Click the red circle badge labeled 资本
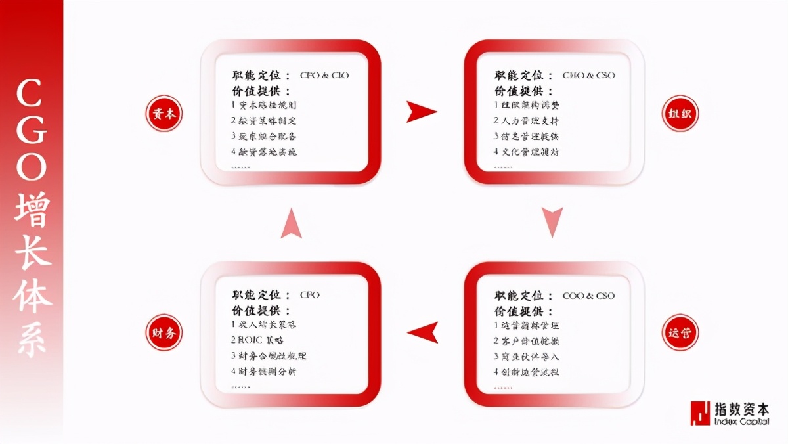pos(163,113)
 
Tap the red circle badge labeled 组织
pos(680,113)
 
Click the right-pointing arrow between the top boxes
pos(421,112)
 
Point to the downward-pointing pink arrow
pos(552,221)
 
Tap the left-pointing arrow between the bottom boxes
pos(422,332)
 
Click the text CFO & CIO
pos(324,76)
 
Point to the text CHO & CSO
pos(588,76)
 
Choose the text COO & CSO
pos(588,296)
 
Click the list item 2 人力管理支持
pos(527,121)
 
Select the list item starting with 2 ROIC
pos(257,340)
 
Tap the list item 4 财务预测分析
pos(264,371)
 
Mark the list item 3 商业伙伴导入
pos(527,356)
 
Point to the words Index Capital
pos(742,422)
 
